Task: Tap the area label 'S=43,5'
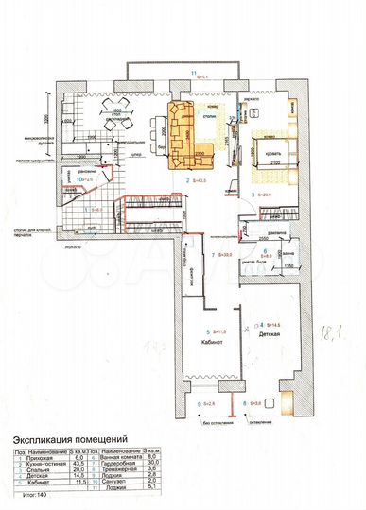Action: point(200,178)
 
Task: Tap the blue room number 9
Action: point(200,403)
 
